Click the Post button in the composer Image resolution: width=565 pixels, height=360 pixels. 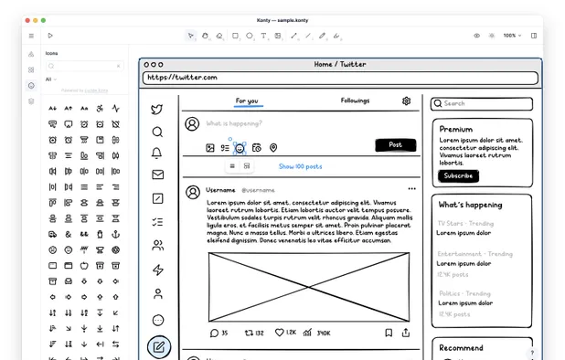pos(395,145)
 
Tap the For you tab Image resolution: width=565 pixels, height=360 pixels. pos(247,101)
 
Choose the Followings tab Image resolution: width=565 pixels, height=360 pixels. pos(355,101)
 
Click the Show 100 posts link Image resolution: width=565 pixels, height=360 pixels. pos(300,166)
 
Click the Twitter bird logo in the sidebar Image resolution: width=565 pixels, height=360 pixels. pos(157,110)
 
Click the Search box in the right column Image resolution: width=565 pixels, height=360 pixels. pos(482,104)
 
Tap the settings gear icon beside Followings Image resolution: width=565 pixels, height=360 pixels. pos(407,101)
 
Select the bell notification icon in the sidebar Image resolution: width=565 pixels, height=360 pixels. pos(157,154)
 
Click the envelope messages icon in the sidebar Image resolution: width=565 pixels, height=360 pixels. pos(157,175)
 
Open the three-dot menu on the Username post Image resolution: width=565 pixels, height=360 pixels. pos(411,189)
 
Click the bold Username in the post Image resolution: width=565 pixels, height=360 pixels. pos(220,189)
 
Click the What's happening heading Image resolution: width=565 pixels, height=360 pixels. pos(470,205)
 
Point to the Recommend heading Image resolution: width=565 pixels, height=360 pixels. pos(461,347)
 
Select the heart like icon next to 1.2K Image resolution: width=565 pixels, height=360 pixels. pos(280,333)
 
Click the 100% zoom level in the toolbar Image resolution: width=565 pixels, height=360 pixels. pos(510,36)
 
